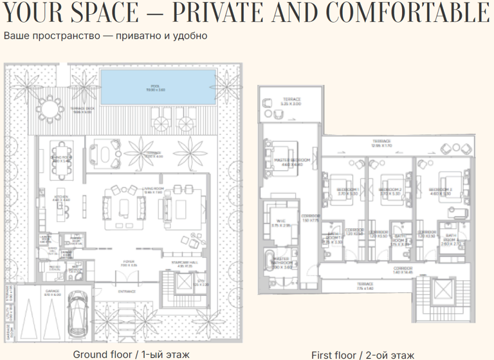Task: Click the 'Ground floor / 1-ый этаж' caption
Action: (122, 354)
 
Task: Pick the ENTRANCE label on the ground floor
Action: (127, 291)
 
